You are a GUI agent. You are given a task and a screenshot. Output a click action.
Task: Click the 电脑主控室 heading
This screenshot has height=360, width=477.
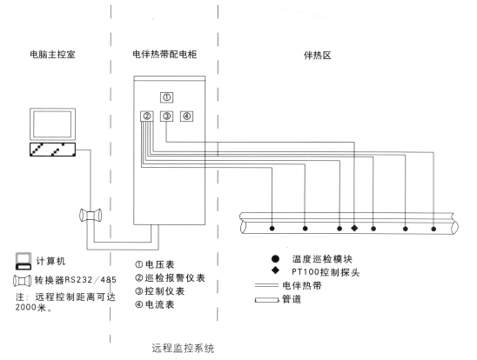click(52, 55)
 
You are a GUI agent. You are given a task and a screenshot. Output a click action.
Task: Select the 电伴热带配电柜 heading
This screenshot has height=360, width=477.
click(165, 55)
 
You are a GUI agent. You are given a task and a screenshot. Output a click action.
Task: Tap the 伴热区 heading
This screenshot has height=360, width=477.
click(318, 56)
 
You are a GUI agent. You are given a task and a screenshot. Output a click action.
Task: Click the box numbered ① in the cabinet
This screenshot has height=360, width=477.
click(167, 97)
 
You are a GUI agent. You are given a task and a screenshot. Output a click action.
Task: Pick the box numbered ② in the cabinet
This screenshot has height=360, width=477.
click(147, 116)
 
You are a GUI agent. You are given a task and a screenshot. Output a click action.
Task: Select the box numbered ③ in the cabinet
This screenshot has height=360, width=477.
click(167, 116)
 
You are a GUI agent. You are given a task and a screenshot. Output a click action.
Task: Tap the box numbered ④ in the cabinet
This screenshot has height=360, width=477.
click(186, 116)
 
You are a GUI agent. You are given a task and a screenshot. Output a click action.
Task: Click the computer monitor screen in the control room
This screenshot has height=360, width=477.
click(52, 124)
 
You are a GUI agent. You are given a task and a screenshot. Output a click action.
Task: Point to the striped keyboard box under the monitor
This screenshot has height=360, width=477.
click(52, 150)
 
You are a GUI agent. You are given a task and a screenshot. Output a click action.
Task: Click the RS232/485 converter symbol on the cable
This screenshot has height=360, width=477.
click(91, 216)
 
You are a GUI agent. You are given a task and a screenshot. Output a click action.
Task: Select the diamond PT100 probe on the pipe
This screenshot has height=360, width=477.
click(354, 228)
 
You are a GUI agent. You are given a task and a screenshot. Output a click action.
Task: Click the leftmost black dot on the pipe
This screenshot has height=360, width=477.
click(272, 229)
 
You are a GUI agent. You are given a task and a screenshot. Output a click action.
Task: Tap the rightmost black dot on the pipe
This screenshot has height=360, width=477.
click(433, 229)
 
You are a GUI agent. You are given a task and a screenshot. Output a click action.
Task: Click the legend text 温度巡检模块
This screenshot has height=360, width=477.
click(322, 259)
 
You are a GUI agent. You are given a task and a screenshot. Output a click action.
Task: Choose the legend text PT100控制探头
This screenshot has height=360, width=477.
click(326, 272)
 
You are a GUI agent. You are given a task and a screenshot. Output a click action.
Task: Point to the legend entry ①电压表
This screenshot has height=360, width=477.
click(155, 264)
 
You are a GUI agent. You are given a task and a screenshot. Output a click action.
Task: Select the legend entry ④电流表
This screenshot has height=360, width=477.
click(155, 304)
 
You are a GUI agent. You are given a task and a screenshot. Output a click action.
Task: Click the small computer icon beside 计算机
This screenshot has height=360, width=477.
click(24, 261)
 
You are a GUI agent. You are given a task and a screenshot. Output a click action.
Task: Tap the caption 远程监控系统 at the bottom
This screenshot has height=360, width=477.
click(183, 348)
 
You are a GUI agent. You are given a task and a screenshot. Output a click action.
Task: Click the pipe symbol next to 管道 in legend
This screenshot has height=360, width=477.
click(267, 300)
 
